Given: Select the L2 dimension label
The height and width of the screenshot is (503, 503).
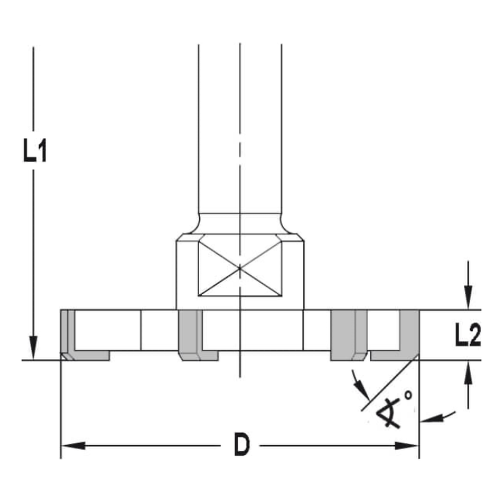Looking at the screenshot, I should (468, 335).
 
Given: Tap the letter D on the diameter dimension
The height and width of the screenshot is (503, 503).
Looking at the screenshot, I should (241, 445).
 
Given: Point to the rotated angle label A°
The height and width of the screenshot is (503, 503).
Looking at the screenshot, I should (394, 410).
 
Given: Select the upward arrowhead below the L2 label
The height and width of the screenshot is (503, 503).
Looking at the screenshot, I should (468, 372).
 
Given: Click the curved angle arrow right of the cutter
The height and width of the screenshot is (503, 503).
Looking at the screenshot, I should (438, 416).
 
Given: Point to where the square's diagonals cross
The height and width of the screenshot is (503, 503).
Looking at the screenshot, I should (240, 268).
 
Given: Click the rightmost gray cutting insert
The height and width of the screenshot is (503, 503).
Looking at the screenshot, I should (409, 332).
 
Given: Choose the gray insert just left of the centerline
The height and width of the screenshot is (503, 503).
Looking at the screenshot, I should (189, 332).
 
